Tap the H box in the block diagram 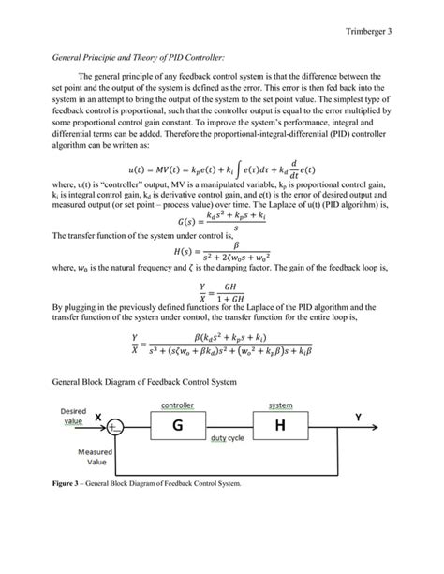click(x=279, y=426)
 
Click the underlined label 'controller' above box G click(x=176, y=405)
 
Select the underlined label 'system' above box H click(x=280, y=405)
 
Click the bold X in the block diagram click(x=97, y=418)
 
